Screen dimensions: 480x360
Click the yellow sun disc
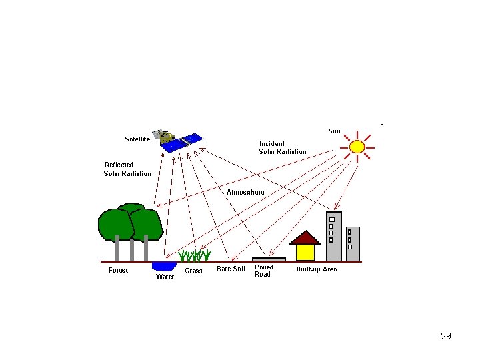coord(357,147)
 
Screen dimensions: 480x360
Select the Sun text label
coord(335,131)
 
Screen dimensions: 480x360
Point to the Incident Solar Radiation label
coord(283,147)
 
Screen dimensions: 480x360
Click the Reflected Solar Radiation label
coord(127,169)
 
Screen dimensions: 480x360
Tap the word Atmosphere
coord(245,192)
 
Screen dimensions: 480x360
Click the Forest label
coord(118,270)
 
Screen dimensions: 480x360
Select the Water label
coord(165,276)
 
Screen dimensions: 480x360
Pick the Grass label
coord(193,271)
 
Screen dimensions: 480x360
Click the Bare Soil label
coord(231,269)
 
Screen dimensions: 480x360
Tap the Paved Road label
coord(264,271)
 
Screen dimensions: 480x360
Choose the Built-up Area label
coord(317,269)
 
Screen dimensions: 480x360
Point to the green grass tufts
coord(195,255)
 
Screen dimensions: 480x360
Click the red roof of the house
coord(305,238)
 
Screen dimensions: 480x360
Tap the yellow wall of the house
coord(305,252)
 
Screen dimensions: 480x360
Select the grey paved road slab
coord(269,259)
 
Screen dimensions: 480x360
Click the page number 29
coord(446,336)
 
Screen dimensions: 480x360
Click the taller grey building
coord(333,237)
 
